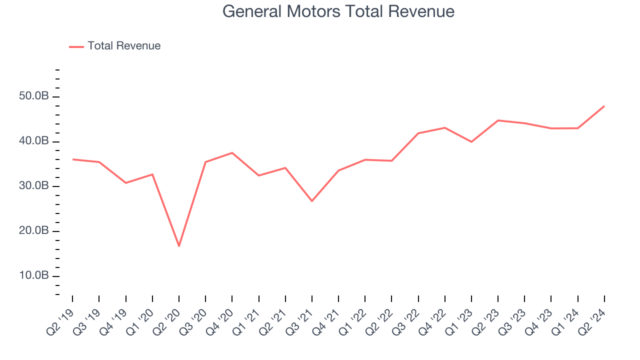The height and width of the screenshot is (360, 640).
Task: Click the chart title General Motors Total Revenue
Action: click(338, 11)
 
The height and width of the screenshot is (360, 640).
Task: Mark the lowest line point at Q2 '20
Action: click(179, 246)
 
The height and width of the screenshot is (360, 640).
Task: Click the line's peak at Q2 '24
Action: click(604, 106)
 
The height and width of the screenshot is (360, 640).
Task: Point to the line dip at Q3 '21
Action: click(312, 201)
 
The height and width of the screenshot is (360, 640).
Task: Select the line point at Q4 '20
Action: click(232, 152)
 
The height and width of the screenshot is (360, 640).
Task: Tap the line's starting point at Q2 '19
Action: click(73, 159)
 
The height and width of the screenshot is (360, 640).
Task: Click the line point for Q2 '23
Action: click(498, 120)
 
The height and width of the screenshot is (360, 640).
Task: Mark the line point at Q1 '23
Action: click(471, 142)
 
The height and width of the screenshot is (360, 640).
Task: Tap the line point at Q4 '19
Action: click(125, 183)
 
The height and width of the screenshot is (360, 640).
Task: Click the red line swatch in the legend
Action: click(76, 46)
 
